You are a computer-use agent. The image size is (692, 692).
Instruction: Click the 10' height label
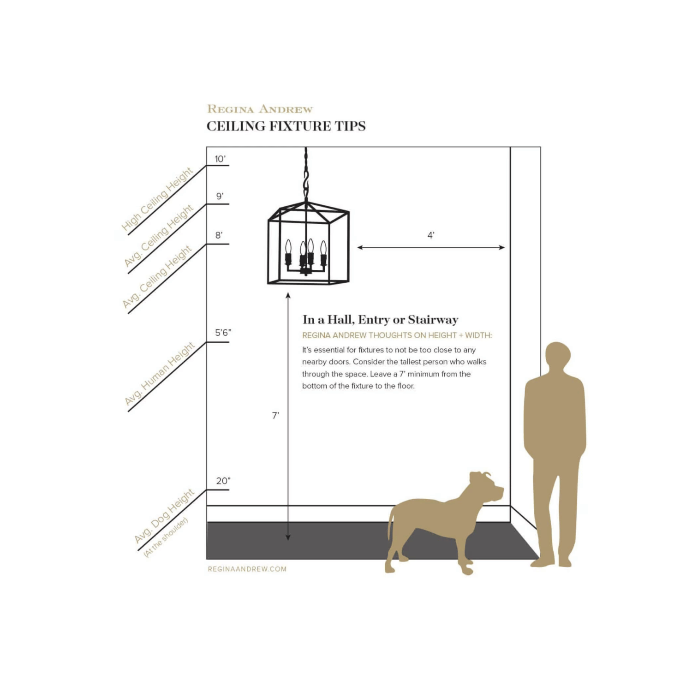tap(220, 159)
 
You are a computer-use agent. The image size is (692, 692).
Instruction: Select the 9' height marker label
tap(220, 196)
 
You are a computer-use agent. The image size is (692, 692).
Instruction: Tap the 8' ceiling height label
tap(219, 235)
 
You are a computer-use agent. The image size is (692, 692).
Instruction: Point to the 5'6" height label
tap(223, 333)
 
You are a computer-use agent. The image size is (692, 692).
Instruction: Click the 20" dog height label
tap(223, 481)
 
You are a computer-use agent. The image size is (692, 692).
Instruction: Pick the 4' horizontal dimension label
tap(431, 235)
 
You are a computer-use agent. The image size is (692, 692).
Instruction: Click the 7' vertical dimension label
tap(275, 416)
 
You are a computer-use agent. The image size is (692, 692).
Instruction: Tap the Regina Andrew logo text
tap(260, 109)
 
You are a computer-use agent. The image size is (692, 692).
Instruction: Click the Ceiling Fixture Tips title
tap(286, 126)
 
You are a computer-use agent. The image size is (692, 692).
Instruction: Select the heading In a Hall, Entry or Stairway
tap(381, 320)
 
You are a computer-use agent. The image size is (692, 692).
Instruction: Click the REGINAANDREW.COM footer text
tap(247, 569)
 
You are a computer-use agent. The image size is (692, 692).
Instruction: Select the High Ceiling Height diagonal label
tap(157, 199)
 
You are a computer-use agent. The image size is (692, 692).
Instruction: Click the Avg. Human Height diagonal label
tap(160, 374)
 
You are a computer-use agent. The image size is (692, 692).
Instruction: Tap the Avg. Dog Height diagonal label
tap(164, 516)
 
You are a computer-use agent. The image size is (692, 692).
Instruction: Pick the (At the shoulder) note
tap(166, 537)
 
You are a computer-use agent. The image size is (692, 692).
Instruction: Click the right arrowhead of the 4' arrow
tap(502, 248)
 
